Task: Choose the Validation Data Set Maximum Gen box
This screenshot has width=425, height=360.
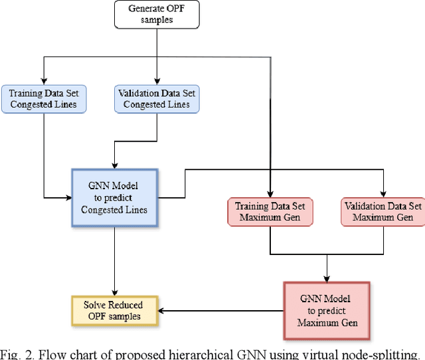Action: (384, 211)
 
